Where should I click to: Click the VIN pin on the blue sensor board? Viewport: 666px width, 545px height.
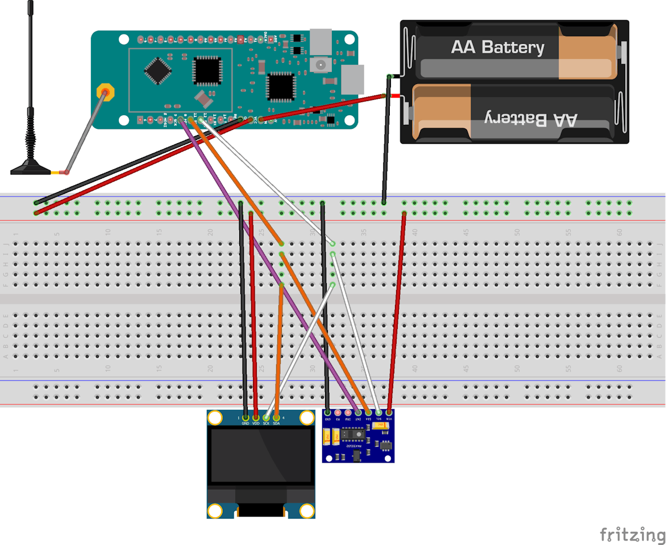[x=389, y=413]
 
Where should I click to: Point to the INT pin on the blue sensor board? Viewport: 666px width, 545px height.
[x=358, y=413]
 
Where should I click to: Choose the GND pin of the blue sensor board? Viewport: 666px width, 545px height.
[x=327, y=413]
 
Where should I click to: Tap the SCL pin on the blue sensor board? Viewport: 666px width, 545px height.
[x=378, y=413]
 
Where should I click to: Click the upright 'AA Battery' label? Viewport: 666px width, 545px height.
[x=497, y=48]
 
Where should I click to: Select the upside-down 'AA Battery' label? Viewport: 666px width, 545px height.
[x=531, y=119]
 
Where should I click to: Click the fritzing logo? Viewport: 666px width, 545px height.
[x=632, y=535]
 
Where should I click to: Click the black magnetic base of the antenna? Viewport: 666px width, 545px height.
[x=31, y=167]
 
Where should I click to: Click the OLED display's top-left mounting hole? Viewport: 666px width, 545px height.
[x=215, y=418]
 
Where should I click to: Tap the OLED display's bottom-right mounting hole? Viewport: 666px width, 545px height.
[x=307, y=510]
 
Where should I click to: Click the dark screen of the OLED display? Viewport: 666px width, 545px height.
[x=261, y=455]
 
